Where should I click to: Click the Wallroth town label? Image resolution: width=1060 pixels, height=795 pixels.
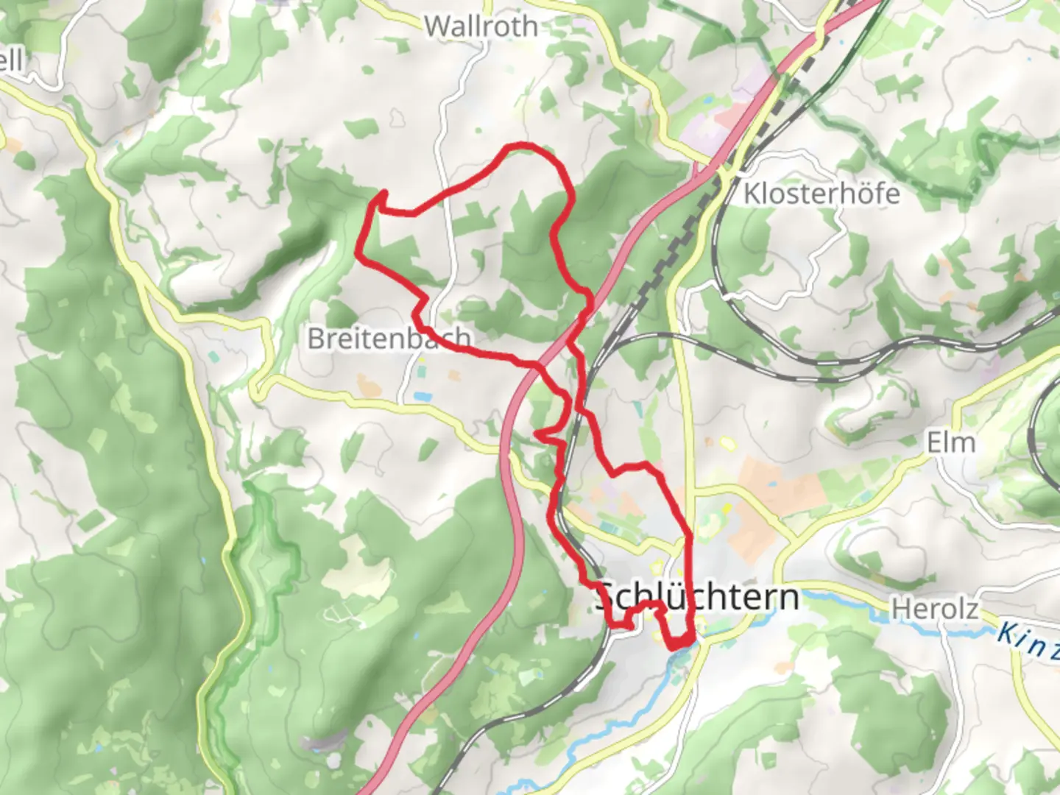point(481,26)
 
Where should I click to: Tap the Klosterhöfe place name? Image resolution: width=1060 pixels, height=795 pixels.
point(821,194)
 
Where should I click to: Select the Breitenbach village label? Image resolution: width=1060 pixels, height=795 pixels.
point(389,338)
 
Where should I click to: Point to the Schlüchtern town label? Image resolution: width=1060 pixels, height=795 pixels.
point(697,596)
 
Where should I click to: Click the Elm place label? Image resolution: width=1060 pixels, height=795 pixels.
point(950,443)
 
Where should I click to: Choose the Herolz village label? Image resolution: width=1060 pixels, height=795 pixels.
point(935,609)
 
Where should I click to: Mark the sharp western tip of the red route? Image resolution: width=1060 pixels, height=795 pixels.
point(358,252)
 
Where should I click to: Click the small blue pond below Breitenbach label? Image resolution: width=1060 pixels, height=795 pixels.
point(423,397)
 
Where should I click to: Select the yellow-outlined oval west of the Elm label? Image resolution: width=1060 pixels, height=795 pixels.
point(727,443)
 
